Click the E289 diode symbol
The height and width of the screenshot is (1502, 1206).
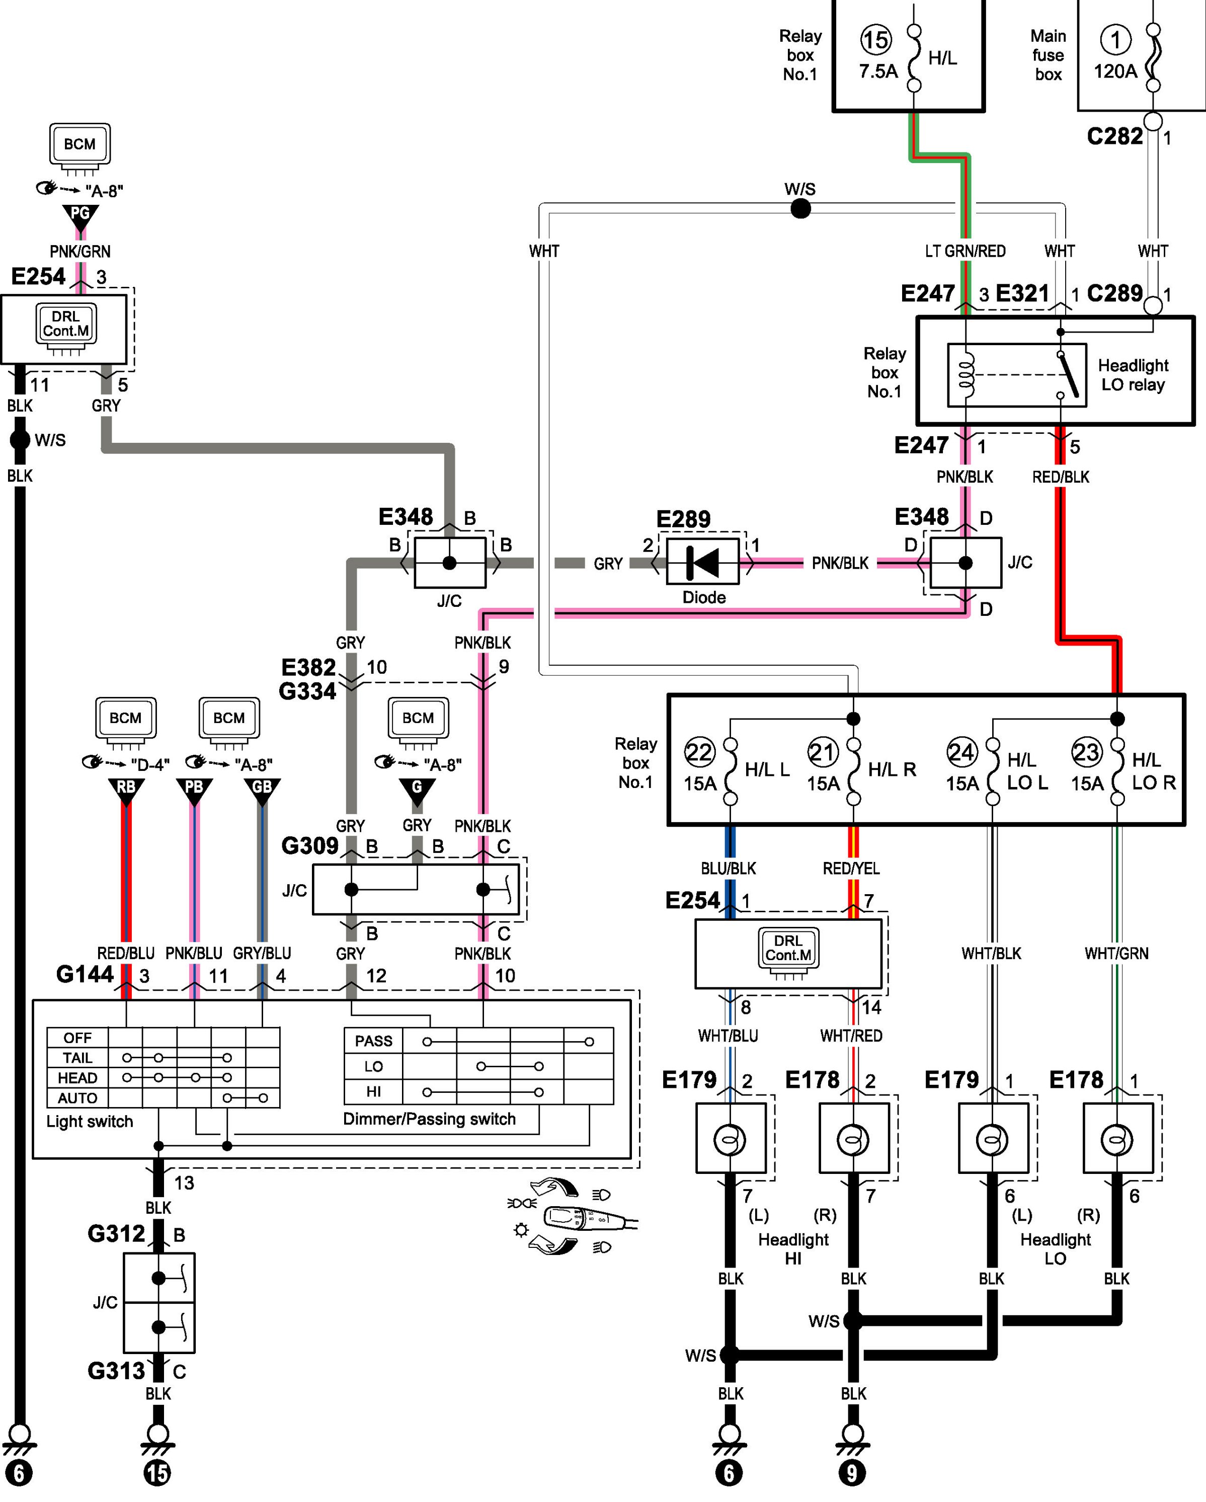[703, 562]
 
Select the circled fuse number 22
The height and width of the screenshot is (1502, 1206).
[699, 752]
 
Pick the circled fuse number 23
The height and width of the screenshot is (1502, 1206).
[1086, 752]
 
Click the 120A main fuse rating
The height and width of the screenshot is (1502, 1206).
[1115, 71]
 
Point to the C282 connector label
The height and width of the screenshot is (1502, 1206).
[1115, 136]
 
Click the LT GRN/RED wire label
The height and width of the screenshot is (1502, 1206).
[965, 251]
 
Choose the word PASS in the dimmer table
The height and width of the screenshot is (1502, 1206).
[373, 1041]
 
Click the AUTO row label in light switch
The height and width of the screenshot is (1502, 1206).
[77, 1098]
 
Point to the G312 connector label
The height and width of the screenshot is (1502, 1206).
[116, 1234]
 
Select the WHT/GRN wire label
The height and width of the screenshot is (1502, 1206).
[1116, 953]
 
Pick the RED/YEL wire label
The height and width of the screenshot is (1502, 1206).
[851, 868]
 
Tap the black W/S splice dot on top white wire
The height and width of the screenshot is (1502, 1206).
[800, 208]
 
